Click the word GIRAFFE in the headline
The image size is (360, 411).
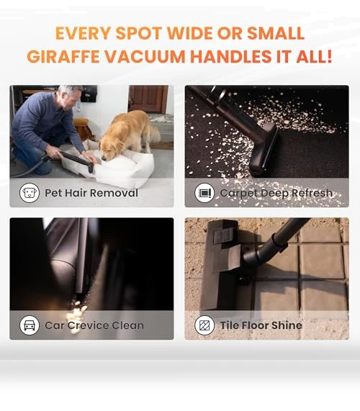(x=63, y=56)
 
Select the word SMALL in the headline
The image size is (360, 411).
(x=275, y=33)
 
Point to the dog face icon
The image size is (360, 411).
(x=30, y=193)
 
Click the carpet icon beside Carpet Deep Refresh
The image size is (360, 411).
(x=204, y=193)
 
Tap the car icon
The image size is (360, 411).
(x=30, y=325)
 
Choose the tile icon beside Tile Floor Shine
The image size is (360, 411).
(x=204, y=325)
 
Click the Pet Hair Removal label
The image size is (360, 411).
(x=91, y=193)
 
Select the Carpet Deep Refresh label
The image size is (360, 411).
(x=276, y=193)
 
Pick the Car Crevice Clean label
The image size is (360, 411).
(x=94, y=325)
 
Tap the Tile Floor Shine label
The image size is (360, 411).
(x=261, y=325)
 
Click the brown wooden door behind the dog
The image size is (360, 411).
(x=148, y=99)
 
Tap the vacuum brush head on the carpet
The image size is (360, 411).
(x=264, y=150)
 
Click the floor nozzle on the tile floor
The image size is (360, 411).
(x=224, y=265)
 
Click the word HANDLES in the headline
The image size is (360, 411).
(x=230, y=56)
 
